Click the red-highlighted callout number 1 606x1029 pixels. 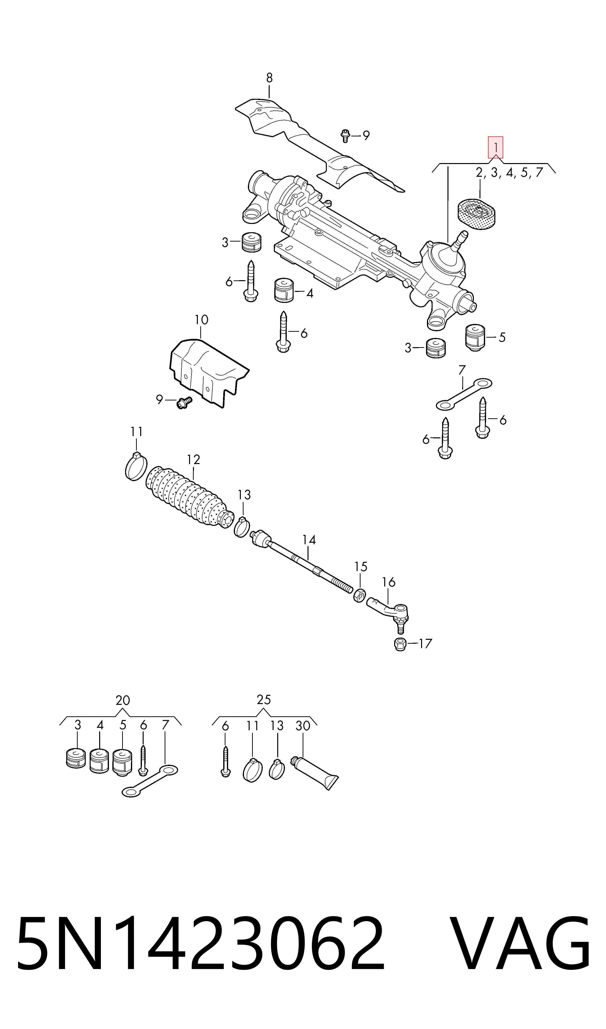click(x=495, y=147)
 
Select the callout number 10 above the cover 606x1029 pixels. click(x=201, y=320)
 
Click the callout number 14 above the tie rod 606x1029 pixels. click(x=309, y=540)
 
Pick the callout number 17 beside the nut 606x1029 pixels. click(x=425, y=644)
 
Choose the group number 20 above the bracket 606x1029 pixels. click(x=123, y=700)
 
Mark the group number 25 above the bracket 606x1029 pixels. click(x=264, y=700)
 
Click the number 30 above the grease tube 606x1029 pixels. click(x=303, y=726)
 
